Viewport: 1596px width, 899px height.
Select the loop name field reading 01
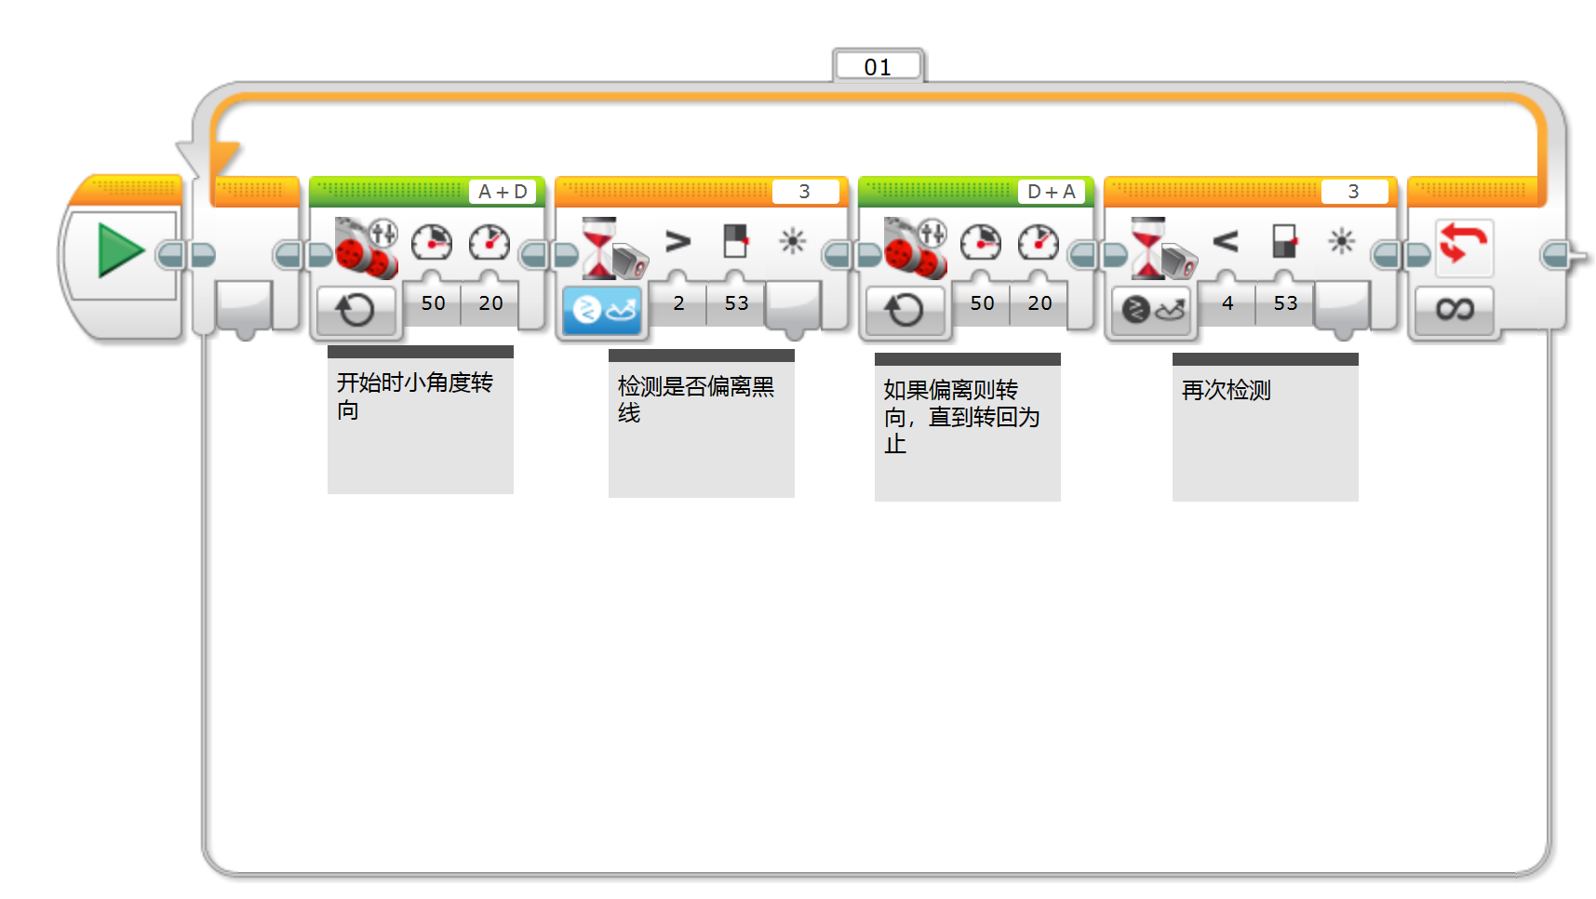click(878, 67)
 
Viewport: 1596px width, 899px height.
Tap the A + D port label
click(503, 192)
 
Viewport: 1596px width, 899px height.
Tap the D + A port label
click(1051, 192)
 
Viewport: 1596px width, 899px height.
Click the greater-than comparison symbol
click(678, 242)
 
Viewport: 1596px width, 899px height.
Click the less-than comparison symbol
click(1226, 242)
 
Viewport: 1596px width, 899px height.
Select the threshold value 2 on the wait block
click(678, 303)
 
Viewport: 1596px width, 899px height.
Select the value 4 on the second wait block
click(1227, 303)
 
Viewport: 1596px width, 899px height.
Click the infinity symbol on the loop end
click(1455, 309)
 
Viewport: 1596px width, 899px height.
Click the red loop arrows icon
click(1464, 246)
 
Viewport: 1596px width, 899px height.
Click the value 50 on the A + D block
click(433, 303)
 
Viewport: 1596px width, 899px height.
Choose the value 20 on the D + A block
click(1039, 303)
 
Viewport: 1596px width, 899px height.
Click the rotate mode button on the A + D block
click(356, 310)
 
